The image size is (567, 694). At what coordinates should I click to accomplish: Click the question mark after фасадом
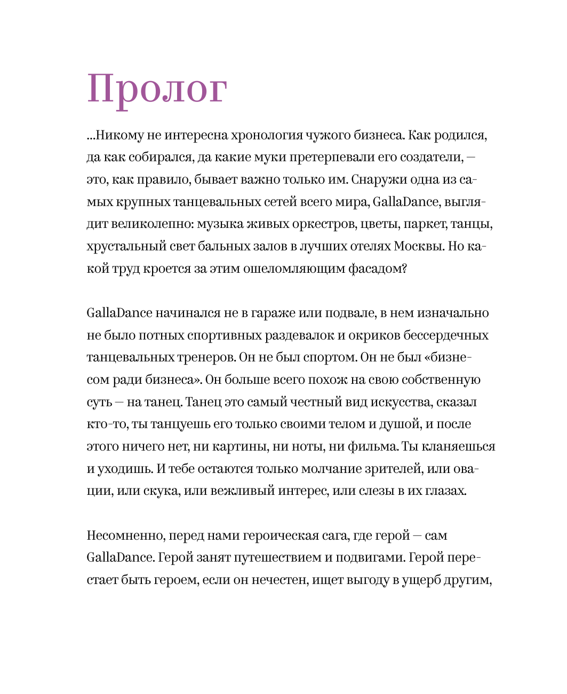click(404, 269)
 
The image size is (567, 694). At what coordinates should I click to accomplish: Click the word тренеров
click(204, 357)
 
